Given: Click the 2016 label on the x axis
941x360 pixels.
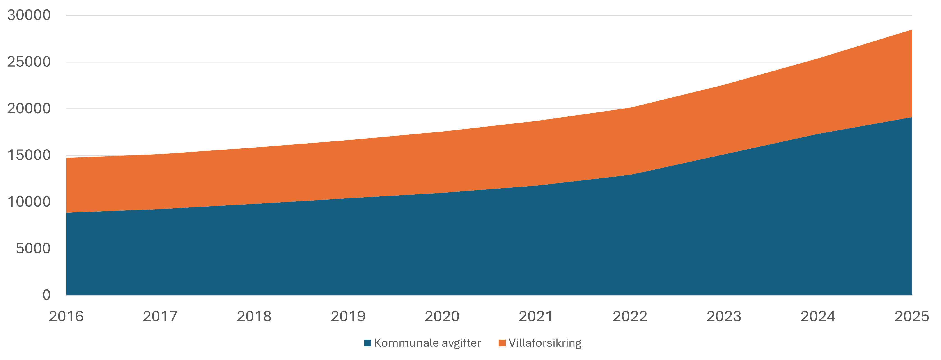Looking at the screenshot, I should pyautogui.click(x=66, y=316).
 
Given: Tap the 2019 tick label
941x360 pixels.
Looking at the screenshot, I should pyautogui.click(x=348, y=316).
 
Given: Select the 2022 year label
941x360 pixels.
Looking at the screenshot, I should pyautogui.click(x=630, y=316).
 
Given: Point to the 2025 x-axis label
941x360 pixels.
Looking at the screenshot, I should pyautogui.click(x=911, y=316).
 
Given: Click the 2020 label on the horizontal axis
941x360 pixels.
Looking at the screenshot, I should pyautogui.click(x=442, y=316).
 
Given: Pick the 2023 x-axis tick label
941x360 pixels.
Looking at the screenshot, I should pyautogui.click(x=724, y=316).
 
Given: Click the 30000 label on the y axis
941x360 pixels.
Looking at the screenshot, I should pyautogui.click(x=29, y=15).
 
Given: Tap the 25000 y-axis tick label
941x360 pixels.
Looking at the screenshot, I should pyautogui.click(x=29, y=62).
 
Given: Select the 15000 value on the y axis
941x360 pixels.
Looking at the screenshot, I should pyautogui.click(x=29, y=155).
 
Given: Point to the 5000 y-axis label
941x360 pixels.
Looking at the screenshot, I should pyautogui.click(x=33, y=249).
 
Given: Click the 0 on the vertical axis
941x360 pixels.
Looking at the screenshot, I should pyautogui.click(x=46, y=295).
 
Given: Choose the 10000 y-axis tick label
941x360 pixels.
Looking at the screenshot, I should pyautogui.click(x=29, y=202).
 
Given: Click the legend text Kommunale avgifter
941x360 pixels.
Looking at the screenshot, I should pyautogui.click(x=427, y=343).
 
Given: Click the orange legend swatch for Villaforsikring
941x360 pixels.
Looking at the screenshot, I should pyautogui.click(x=502, y=343).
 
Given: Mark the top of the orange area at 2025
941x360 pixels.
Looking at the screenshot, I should pyautogui.click(x=912, y=30).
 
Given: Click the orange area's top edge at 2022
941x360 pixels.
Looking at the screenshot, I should pyautogui.click(x=630, y=108).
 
